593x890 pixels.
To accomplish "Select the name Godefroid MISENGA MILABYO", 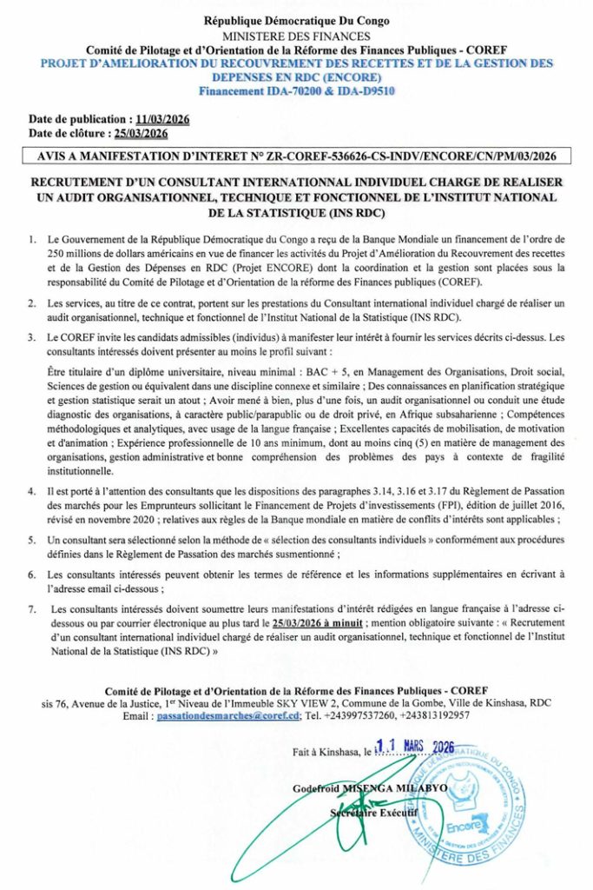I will pos(371,787).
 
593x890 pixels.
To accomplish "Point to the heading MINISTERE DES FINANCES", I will pos(296,37).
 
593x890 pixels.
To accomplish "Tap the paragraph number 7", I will pos(32,610).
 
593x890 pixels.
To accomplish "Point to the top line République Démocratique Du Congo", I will pos(296,21).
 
